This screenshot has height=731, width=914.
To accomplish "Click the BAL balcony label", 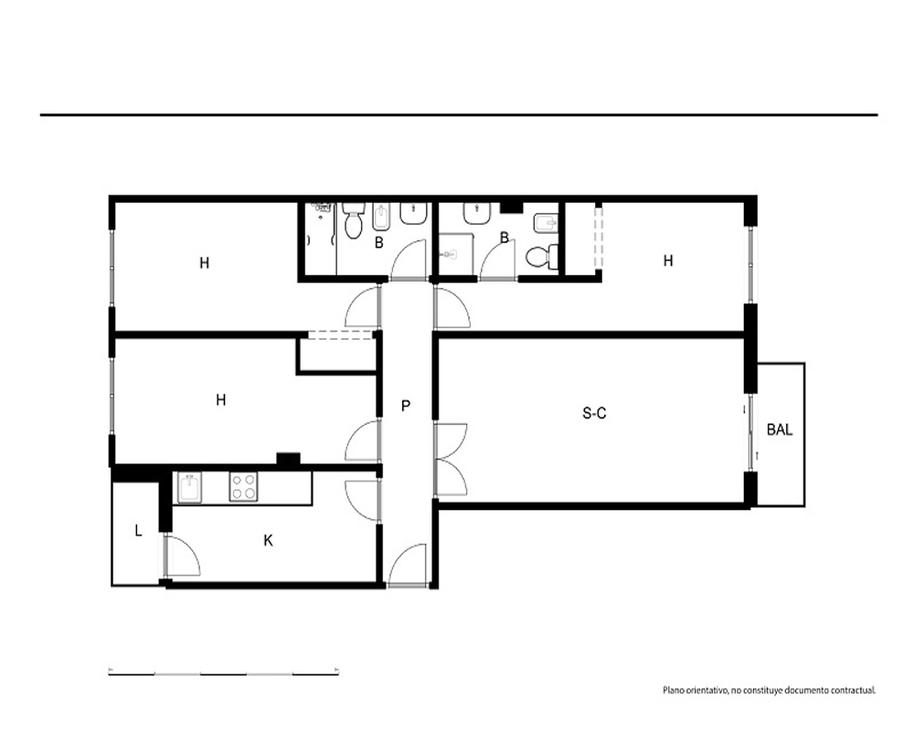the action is point(780,429).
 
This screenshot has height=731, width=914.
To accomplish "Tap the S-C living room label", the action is point(594,413).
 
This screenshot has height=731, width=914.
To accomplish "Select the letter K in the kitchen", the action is point(268,540).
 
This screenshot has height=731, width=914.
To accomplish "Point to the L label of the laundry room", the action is point(138,531).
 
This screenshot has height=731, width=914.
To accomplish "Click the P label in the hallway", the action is point(406,406).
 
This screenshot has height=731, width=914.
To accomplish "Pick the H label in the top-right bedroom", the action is point(668,260).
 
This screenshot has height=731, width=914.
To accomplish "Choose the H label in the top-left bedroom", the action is point(204,263).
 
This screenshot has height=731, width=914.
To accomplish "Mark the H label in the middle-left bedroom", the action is point(220,400).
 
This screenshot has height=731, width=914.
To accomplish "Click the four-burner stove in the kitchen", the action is point(244,487).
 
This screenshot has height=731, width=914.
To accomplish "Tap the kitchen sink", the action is point(189,487).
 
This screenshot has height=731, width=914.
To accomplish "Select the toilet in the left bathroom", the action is point(352,220).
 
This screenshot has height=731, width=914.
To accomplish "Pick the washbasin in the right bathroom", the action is point(477,213).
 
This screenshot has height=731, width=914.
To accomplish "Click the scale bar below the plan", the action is point(224,673).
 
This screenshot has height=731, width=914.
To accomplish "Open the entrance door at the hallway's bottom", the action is point(408,566).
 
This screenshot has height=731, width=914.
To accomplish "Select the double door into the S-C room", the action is point(452,460).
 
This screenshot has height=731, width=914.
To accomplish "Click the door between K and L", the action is point(182,556).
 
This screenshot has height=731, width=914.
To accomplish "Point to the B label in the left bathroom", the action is point(379,242).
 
